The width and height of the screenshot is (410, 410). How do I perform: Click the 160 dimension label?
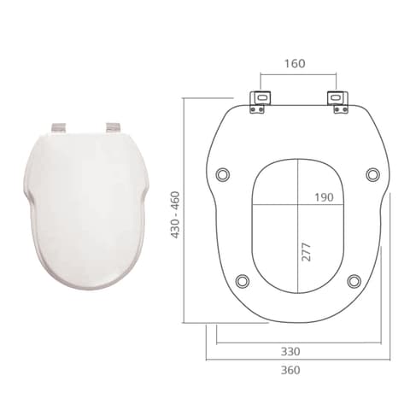(295, 63)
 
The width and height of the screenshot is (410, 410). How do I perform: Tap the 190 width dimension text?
(324, 197)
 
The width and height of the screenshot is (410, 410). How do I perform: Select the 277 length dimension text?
(306, 252)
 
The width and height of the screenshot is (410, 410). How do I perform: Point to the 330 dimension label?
(290, 351)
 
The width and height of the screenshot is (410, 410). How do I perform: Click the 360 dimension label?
(290, 370)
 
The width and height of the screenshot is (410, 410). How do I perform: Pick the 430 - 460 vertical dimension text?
(175, 214)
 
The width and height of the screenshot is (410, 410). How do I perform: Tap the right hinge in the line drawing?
(337, 102)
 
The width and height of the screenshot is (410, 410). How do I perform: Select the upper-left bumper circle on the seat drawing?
(223, 174)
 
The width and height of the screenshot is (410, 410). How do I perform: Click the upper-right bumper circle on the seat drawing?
(372, 174)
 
